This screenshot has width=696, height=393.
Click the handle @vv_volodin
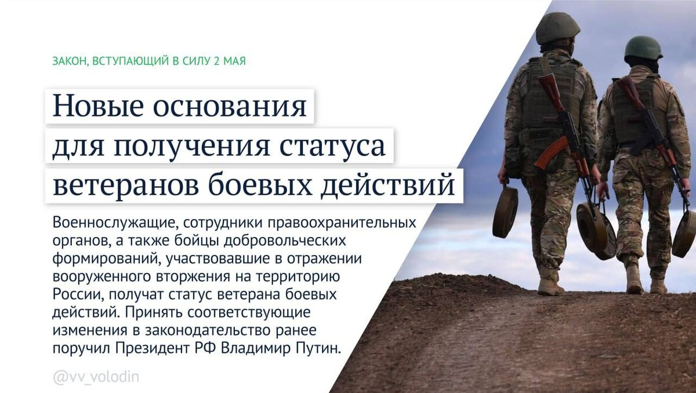point(96,377)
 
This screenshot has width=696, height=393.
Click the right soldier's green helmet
point(643,48)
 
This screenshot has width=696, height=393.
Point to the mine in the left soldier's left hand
point(505,212)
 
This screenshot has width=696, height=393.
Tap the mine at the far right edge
point(684,233)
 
